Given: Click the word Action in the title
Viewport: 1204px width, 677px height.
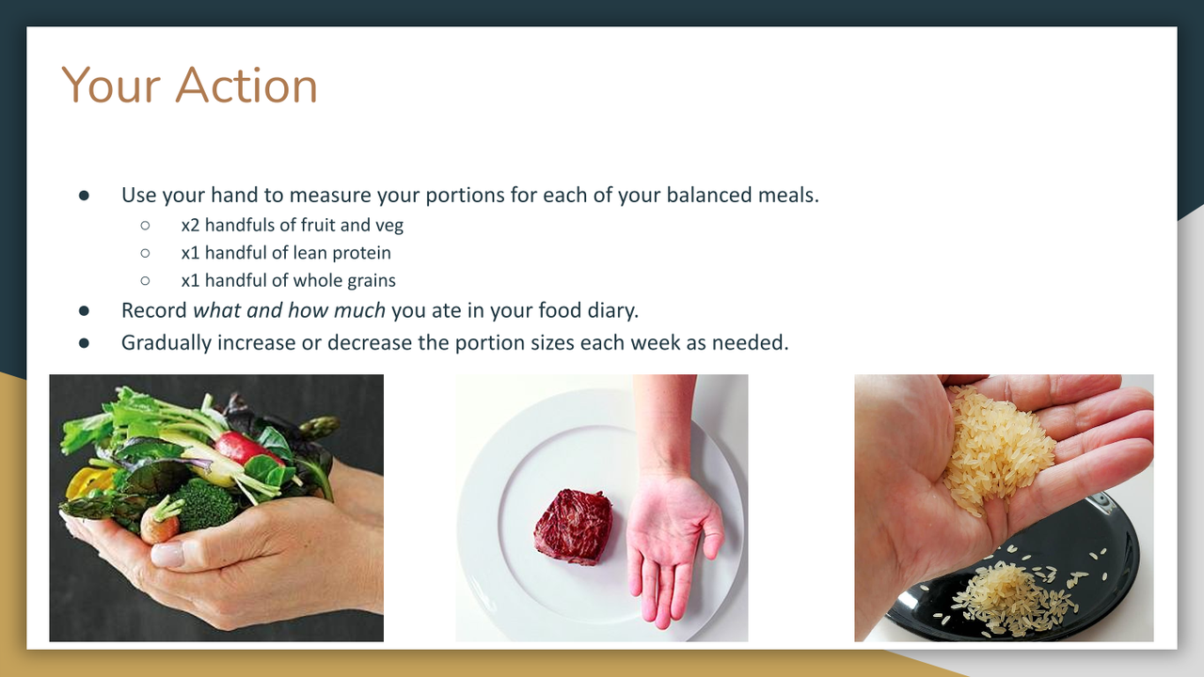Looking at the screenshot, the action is click(x=246, y=86).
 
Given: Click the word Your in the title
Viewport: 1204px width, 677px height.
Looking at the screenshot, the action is click(x=111, y=86).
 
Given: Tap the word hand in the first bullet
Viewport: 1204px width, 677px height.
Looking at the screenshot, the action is click(x=234, y=195).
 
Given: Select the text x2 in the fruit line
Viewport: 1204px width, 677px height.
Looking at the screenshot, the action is click(x=190, y=225).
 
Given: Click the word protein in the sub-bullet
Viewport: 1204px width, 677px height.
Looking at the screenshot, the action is click(x=362, y=254).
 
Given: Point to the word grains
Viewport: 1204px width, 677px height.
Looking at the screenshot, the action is click(x=372, y=281).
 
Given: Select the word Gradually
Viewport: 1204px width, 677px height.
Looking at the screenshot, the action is click(x=166, y=343).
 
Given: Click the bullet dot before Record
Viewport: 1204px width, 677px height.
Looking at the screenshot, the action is click(x=84, y=310).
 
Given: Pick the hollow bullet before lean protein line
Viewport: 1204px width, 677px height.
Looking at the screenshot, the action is click(x=145, y=253).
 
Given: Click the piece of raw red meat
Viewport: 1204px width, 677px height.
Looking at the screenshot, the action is click(x=574, y=527).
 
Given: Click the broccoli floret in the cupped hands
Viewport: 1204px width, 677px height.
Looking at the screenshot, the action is click(x=205, y=504).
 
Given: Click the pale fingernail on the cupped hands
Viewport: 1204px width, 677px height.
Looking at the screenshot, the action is click(x=167, y=554).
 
